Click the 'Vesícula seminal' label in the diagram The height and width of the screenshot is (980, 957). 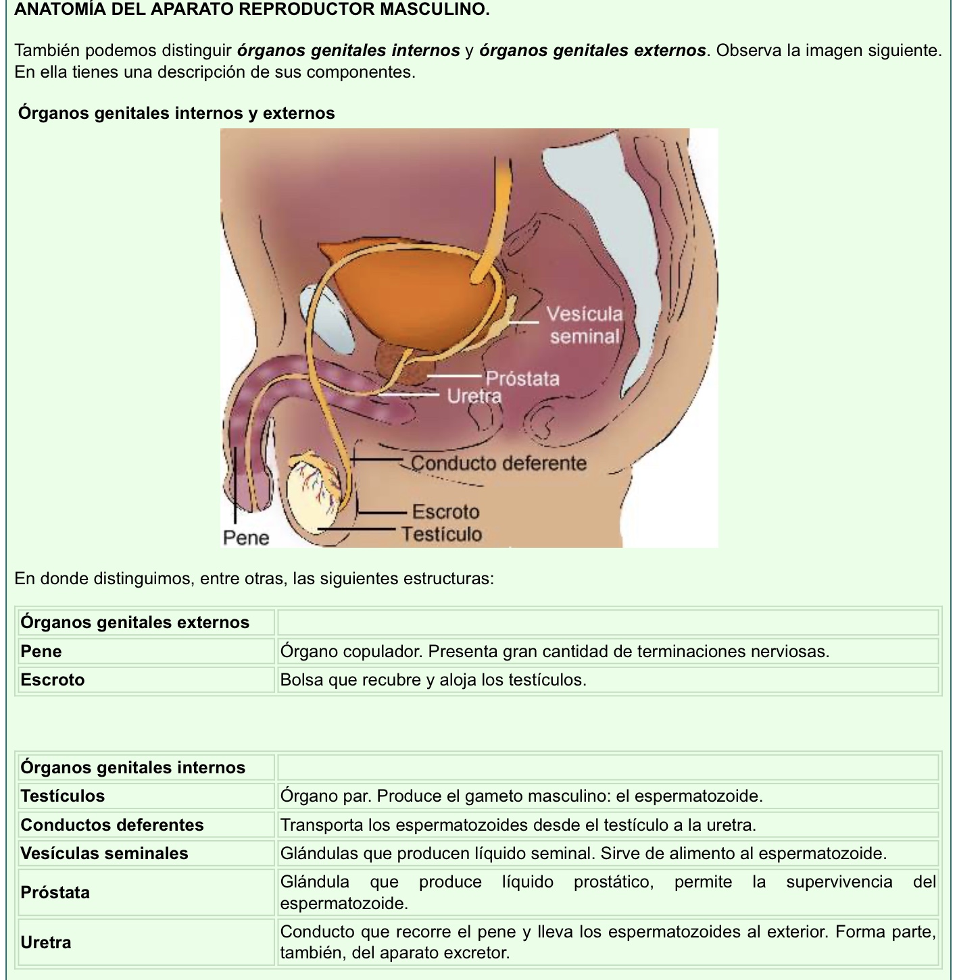click(585, 325)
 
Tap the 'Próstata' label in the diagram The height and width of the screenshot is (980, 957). click(522, 378)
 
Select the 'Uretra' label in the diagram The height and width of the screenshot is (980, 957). click(474, 396)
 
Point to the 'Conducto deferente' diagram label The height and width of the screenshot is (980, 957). click(499, 463)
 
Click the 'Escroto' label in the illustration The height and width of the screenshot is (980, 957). click(445, 511)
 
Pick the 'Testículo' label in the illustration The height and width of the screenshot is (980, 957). click(442, 534)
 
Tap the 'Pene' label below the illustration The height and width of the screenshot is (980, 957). click(246, 538)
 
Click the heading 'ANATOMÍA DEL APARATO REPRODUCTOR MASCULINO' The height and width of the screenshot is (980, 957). click(251, 9)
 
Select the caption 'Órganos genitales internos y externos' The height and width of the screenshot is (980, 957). click(176, 113)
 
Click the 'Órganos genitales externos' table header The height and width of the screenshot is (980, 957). click(135, 622)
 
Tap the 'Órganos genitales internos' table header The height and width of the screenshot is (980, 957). click(133, 767)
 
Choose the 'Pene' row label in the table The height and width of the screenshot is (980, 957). click(41, 651)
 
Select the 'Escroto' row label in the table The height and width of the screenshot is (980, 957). click(53, 679)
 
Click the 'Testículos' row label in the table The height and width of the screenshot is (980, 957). click(63, 796)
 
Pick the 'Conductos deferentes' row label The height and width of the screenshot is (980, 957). click(112, 825)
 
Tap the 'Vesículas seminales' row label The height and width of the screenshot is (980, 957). click(105, 853)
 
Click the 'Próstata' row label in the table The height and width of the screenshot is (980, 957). click(55, 892)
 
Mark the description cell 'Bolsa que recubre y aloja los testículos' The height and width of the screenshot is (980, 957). click(433, 679)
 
